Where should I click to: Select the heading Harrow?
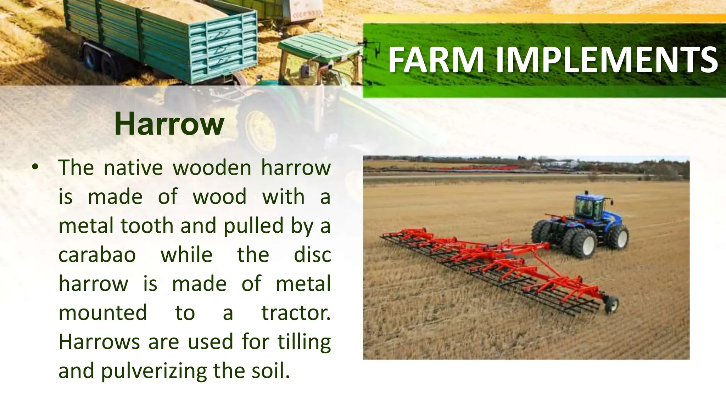[169, 124]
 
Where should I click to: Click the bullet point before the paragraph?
[34, 167]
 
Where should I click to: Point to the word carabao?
[97, 255]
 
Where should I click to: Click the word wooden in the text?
[212, 168]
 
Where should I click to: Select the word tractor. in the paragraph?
[296, 313]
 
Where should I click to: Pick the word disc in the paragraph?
[312, 255]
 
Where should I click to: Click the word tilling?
[304, 342]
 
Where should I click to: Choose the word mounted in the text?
[103, 313]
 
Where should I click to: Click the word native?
[133, 168]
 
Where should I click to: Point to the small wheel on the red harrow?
[612, 305]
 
